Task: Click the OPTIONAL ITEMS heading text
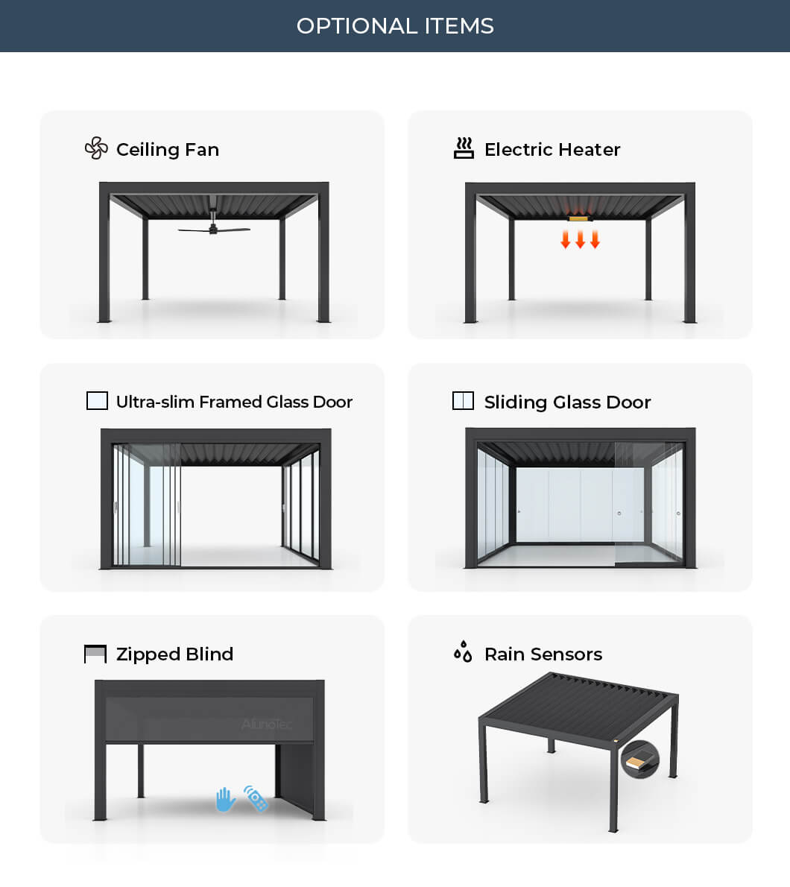tap(395, 26)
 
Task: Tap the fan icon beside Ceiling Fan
tap(96, 148)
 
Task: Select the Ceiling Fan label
tap(168, 150)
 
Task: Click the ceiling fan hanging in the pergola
tap(213, 229)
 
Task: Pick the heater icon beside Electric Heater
tap(464, 148)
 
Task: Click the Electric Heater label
tap(552, 150)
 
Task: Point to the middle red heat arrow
tap(580, 239)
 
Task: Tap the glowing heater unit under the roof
tap(580, 218)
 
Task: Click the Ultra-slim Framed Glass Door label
tap(234, 402)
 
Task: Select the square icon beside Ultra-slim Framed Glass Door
tap(97, 401)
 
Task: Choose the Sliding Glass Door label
tap(567, 403)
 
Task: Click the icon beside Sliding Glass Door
tap(463, 401)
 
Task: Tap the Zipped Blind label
tap(174, 654)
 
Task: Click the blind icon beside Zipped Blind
tap(95, 654)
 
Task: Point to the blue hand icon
tap(225, 800)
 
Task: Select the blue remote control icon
tap(256, 798)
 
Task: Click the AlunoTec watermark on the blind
tap(266, 724)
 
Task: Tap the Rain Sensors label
tap(543, 654)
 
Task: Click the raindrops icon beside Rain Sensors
tap(463, 651)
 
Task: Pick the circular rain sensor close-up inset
tap(639, 760)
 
